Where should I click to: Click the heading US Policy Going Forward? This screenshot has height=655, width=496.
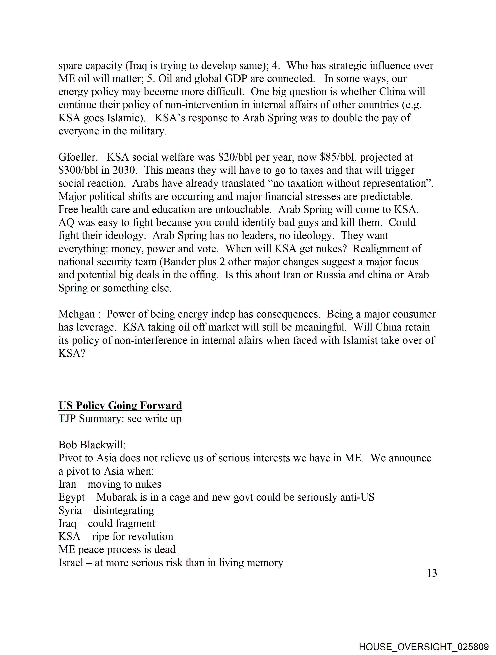pos(120,405)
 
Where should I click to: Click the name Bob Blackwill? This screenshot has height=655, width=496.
pos(92,445)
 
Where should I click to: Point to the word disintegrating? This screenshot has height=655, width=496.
pos(123,510)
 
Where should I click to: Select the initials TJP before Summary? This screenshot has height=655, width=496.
pos(67,419)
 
